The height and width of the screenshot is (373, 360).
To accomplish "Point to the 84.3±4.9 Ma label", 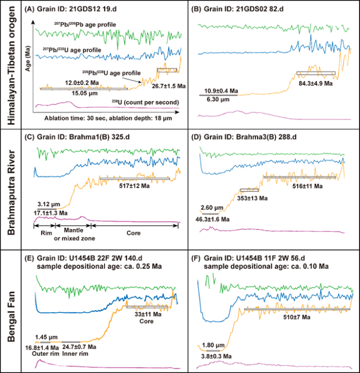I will click(x=316, y=83).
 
